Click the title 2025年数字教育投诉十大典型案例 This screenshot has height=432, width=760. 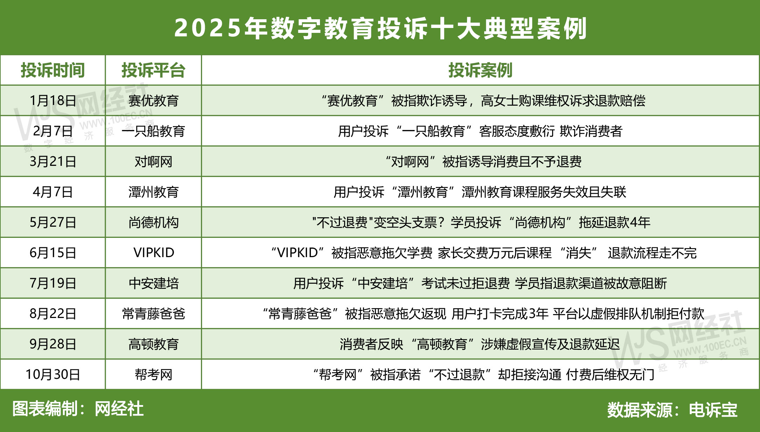[380, 28]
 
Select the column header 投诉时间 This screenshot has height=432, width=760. [53, 70]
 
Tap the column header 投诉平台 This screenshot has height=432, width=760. [153, 70]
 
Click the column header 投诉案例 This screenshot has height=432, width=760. [480, 70]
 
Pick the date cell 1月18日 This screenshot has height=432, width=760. [53, 101]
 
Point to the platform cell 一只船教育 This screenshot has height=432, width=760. [153, 131]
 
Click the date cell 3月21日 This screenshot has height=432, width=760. [53, 162]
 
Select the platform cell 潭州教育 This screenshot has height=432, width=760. [153, 192]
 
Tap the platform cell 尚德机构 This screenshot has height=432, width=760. [153, 222]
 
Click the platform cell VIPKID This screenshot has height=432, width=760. [153, 253]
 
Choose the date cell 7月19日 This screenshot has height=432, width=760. [53, 283]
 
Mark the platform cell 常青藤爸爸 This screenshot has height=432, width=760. [153, 313]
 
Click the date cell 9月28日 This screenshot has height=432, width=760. [53, 344]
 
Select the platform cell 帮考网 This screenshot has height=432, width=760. [153, 375]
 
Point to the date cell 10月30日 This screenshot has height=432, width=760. [53, 375]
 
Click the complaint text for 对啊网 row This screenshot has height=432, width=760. [483, 162]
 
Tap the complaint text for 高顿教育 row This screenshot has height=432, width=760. [480, 344]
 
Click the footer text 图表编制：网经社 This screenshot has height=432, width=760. [78, 409]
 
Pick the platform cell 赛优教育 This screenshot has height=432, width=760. [153, 101]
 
